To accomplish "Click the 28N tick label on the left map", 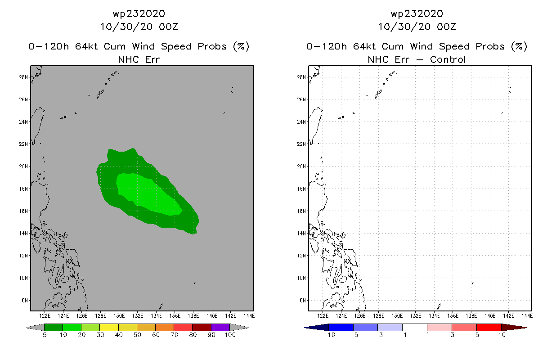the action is point(23,77).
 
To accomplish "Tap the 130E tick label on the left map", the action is point(119,316).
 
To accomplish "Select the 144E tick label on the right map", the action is point(527,316).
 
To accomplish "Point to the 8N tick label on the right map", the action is point(303,301).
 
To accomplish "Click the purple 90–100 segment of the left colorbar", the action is point(220,327).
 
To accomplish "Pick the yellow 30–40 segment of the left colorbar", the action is point(109,327).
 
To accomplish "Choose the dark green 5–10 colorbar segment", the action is point(54,327).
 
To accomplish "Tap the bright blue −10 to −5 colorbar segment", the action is point(341,327).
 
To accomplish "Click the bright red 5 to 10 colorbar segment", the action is point(489,327).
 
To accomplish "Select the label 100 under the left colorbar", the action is point(230,335).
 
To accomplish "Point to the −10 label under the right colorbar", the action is point(329,335).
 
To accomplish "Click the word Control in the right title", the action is point(448,59).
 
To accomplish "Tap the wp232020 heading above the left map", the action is point(139,14).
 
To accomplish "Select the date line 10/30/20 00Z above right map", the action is point(417,27).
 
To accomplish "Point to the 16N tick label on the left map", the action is point(23,211).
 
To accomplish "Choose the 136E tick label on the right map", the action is point(453,316).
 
